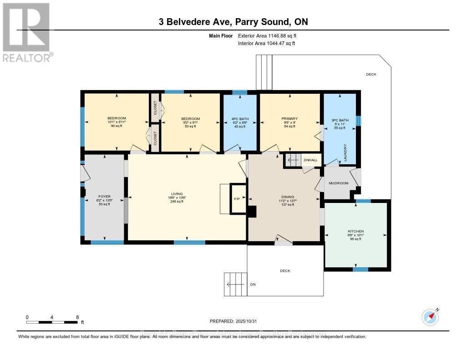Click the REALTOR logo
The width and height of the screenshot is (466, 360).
click(26, 32)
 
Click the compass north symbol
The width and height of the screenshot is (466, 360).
click(430, 317)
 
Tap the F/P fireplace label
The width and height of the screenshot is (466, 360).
click(237, 198)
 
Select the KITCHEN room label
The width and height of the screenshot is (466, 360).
click(355, 231)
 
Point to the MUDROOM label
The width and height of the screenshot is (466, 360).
click(338, 183)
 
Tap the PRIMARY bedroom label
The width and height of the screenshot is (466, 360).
click(289, 118)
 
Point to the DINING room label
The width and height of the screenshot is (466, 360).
click(287, 197)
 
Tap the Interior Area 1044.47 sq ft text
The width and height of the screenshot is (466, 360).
click(266, 43)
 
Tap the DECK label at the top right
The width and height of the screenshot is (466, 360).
click(371, 74)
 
